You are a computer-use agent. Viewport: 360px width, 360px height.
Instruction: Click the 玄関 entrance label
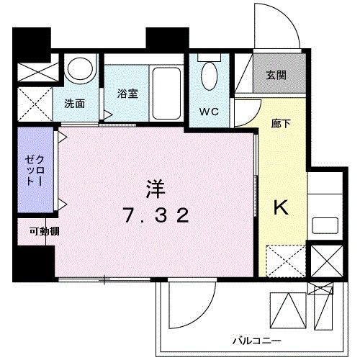click(274, 75)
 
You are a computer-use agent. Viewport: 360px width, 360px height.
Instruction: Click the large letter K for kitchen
click(279, 208)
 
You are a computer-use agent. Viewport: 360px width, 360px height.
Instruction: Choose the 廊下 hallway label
click(280, 123)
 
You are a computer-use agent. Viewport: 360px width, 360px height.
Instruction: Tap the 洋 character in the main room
click(156, 189)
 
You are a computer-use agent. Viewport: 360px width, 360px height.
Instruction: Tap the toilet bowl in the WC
click(210, 76)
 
